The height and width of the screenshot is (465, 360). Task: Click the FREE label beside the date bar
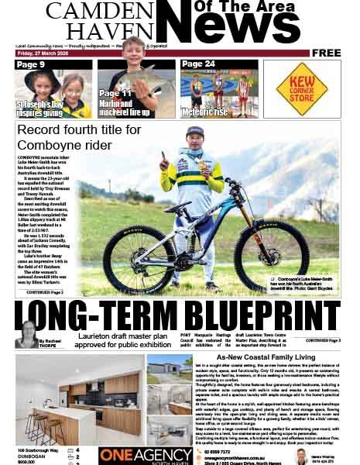tap(327, 53)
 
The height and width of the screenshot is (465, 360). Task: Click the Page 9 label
tap(30, 64)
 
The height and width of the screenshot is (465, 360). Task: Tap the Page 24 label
tap(199, 64)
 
